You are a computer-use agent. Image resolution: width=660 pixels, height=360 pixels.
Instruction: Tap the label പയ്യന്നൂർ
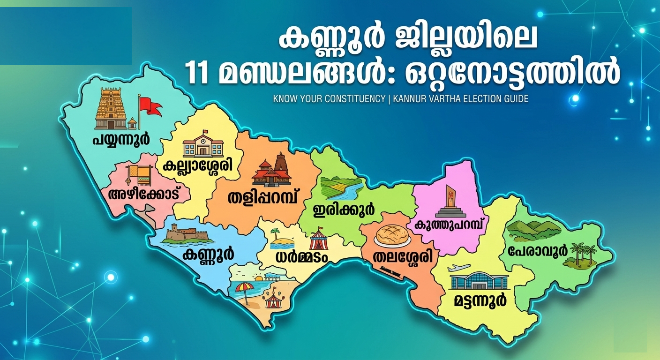121,138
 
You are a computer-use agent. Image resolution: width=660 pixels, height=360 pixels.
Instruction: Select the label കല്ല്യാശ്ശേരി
198,165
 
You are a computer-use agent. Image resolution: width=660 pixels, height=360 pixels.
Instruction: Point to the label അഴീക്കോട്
144,194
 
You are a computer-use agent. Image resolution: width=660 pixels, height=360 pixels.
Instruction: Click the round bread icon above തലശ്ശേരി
392,236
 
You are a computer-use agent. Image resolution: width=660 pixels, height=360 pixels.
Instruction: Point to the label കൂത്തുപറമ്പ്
448,224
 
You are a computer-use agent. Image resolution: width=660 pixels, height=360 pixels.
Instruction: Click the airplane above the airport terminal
458,268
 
